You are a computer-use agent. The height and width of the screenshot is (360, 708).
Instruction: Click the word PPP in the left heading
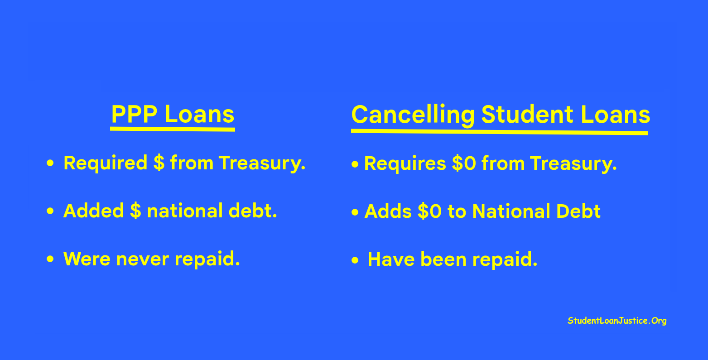(135, 114)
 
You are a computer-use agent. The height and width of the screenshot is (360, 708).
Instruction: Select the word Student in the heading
(527, 115)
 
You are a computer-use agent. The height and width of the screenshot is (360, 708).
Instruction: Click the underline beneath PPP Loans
(173, 129)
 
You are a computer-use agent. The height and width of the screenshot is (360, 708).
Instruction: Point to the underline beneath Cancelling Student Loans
(500, 132)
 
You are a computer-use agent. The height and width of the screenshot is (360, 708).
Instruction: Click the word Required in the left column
(106, 163)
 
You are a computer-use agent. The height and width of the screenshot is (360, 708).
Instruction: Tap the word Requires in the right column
(405, 164)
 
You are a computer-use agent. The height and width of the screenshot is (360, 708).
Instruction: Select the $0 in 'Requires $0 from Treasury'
(464, 163)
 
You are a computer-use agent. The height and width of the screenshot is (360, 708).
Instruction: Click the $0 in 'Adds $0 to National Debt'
(429, 211)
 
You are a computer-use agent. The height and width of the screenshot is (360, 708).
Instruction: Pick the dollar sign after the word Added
(135, 211)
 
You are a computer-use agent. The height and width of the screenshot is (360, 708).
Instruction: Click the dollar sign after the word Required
(159, 163)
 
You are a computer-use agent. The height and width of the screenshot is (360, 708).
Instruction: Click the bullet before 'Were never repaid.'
(50, 259)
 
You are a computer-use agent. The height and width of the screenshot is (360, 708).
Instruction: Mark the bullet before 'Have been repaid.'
(355, 260)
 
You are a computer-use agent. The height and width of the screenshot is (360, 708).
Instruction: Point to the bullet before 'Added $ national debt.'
(50, 211)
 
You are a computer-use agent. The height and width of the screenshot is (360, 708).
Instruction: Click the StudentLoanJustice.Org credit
(617, 321)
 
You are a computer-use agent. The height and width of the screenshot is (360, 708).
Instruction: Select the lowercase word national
(185, 211)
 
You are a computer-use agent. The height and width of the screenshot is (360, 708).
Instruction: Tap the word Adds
(388, 211)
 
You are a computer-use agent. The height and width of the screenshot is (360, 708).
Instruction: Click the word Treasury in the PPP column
(262, 164)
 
